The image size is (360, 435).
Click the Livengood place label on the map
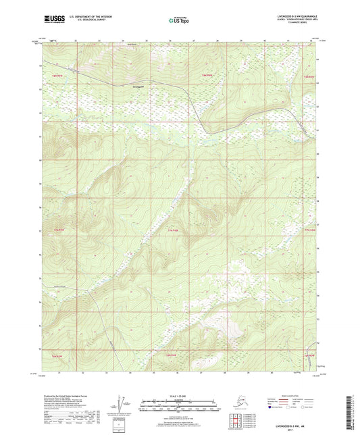(138, 86)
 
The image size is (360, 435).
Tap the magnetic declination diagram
(122, 405)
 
